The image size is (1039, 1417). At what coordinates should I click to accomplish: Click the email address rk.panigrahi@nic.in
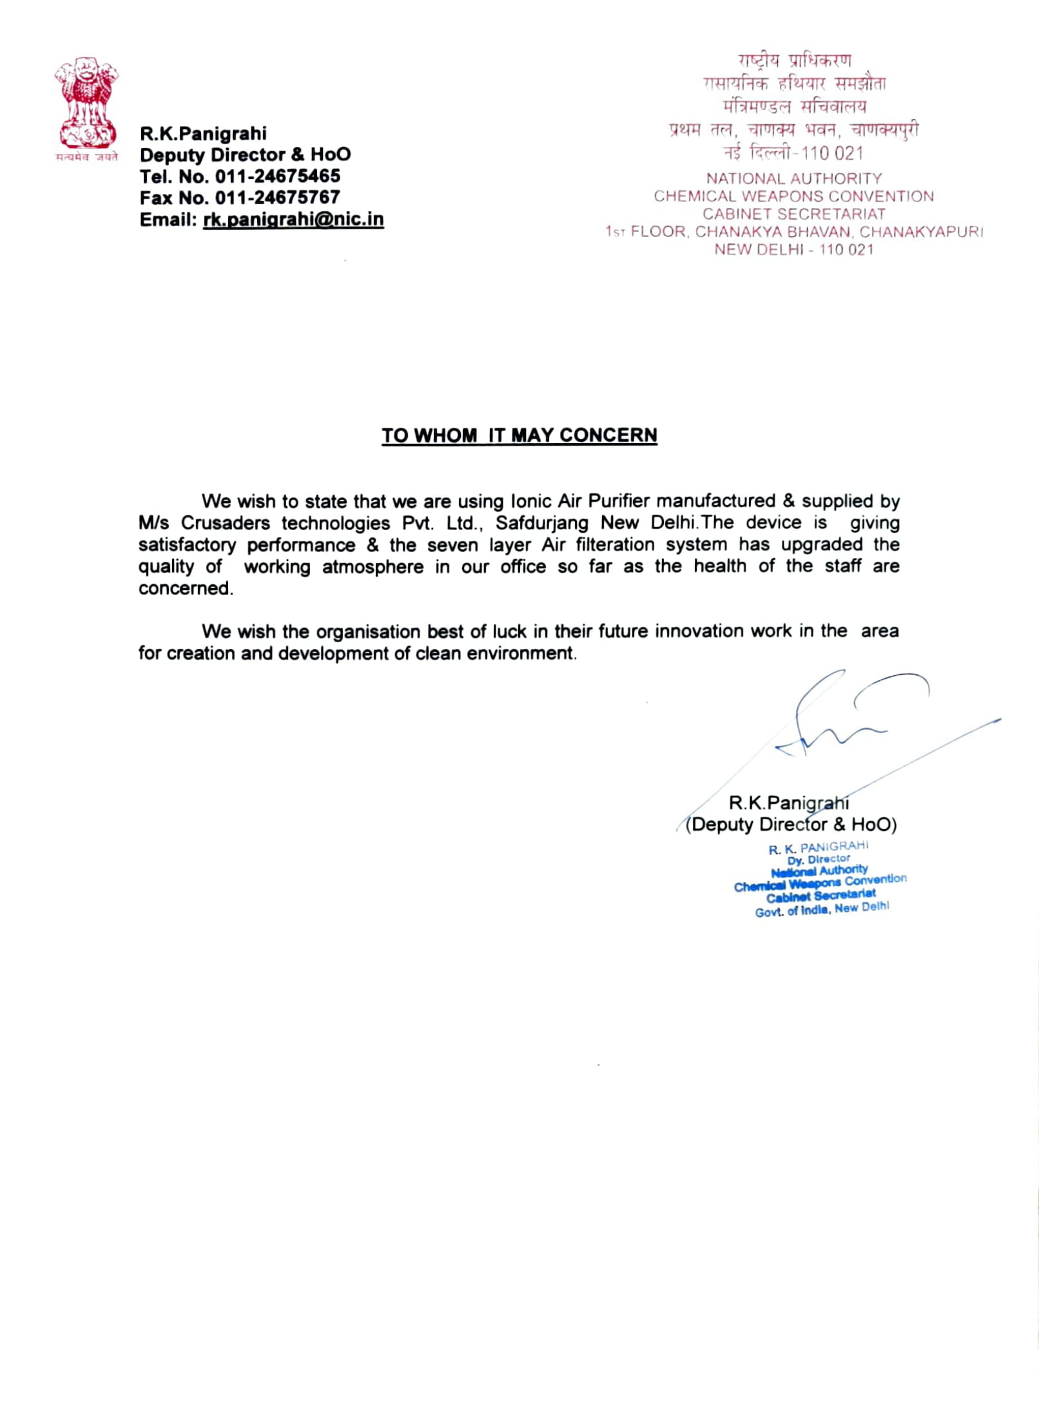coord(293,220)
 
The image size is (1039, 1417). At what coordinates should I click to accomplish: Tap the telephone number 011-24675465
coord(277,176)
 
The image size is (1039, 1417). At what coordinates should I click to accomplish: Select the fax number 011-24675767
coord(277,198)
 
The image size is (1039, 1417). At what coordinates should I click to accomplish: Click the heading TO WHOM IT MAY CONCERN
coord(519,435)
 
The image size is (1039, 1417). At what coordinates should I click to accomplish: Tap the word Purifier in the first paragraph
coord(619,501)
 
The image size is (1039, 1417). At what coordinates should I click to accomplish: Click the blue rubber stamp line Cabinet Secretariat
coord(821,895)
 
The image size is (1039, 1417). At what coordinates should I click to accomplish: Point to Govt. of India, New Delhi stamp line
coord(822,909)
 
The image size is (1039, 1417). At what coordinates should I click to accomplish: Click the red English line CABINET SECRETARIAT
coord(793,214)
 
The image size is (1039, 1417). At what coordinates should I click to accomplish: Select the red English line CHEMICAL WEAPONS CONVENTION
coord(793,196)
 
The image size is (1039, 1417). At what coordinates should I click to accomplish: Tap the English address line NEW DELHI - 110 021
coord(793,250)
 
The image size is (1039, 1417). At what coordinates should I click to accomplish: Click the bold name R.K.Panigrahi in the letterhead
coord(203,134)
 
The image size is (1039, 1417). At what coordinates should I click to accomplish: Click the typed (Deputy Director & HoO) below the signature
coord(791,824)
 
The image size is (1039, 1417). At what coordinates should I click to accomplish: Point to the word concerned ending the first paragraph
coord(185,589)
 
